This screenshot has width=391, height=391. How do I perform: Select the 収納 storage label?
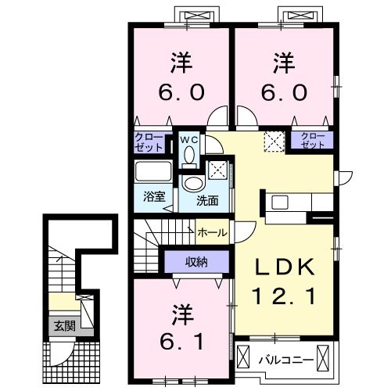click(195, 261)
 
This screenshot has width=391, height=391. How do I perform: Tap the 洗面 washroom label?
click(207, 199)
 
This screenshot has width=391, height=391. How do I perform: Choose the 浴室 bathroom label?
click(153, 197)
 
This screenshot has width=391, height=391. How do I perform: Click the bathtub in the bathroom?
click(154, 172)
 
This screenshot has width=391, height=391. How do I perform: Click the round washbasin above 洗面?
click(192, 183)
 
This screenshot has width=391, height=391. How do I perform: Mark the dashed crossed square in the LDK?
click(273, 141)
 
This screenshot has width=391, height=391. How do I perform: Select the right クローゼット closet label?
click(312, 141)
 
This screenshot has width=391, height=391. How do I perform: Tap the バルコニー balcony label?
click(286, 361)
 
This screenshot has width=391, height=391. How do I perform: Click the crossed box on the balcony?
click(328, 360)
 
